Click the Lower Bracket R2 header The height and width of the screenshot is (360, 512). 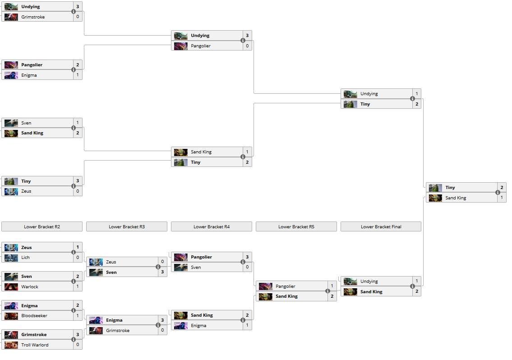click(42, 227)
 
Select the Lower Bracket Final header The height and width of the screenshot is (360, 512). click(381, 227)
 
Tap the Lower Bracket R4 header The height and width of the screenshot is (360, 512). click(211, 227)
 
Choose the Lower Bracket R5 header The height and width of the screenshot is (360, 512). click(296, 227)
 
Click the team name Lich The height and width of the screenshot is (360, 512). click(25, 258)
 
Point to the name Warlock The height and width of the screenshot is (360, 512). click(30, 286)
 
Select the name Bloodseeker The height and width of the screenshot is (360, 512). click(34, 316)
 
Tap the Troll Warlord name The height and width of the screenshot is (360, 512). click(35, 345)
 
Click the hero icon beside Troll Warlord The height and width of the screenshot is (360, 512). click(11, 345)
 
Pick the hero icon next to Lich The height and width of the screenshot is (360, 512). click(11, 258)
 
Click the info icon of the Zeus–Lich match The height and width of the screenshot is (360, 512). click(74, 252)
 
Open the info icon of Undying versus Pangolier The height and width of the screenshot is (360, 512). click(243, 41)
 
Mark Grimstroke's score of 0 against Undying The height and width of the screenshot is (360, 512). click(78, 17)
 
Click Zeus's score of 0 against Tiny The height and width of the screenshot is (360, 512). click(78, 191)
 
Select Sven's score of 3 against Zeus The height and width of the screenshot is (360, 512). click(162, 272)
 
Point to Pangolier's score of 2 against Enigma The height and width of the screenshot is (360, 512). click(78, 65)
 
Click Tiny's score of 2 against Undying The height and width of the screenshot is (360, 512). click(417, 104)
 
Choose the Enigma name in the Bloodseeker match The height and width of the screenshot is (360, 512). click(29, 306)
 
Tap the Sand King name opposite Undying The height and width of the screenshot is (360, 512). click(371, 292)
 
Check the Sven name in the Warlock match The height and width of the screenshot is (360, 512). click(27, 277)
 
